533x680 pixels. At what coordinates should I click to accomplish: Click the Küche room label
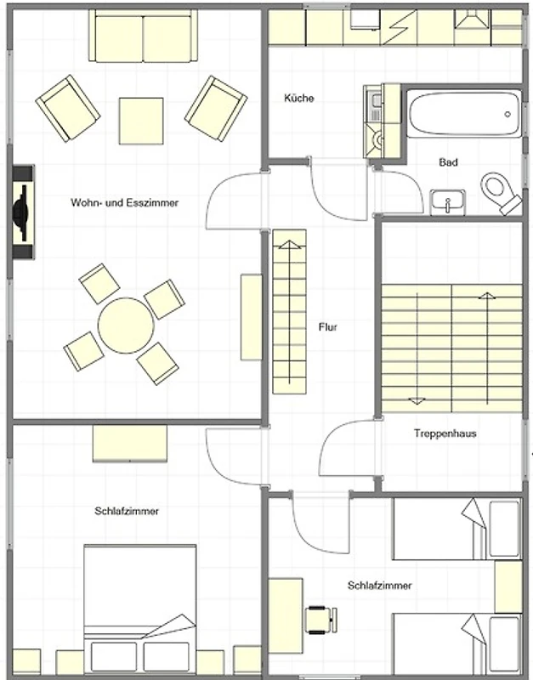coord(299,98)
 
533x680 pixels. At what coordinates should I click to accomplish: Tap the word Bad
coord(449,162)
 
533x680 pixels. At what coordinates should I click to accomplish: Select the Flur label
coord(328,327)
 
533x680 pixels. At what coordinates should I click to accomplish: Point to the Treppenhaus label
coord(445,433)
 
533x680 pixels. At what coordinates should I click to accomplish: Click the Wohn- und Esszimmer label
coord(124,202)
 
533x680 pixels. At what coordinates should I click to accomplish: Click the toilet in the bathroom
coord(502,193)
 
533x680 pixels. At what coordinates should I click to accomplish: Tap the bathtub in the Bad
coord(464,114)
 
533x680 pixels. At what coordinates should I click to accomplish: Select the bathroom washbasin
coord(447,202)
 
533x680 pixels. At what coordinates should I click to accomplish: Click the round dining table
coord(126,326)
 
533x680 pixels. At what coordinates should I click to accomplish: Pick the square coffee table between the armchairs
coord(141,121)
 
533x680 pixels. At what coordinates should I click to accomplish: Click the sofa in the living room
coord(143,36)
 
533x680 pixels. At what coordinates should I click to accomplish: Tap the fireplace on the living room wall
coord(23,212)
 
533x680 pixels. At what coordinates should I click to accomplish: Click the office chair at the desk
coord(321,620)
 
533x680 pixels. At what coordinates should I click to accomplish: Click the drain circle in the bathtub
coord(507,114)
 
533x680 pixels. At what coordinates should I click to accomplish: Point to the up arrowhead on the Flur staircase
coord(290,245)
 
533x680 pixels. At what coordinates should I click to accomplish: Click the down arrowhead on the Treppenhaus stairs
coord(417,400)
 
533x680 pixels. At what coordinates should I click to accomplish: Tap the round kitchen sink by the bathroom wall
coord(379,140)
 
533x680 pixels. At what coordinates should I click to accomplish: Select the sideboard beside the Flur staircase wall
coord(252,317)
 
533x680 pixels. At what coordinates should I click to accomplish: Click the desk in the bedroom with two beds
coord(286,615)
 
